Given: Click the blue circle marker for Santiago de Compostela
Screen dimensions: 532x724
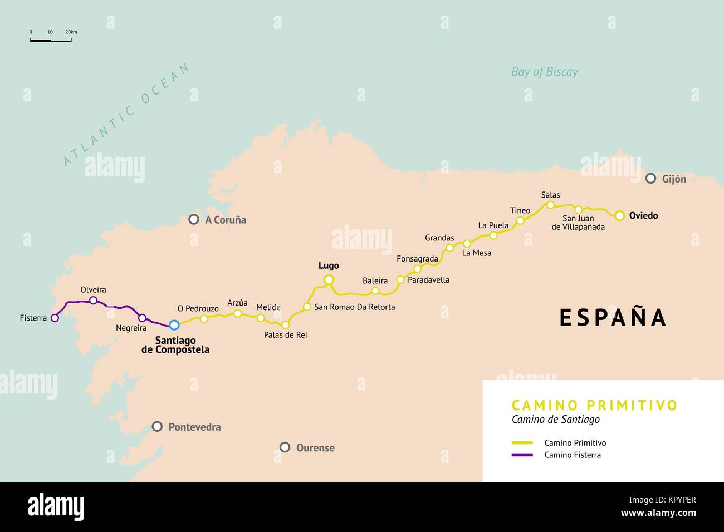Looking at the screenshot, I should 174,324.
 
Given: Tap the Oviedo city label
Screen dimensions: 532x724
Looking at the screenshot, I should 643,215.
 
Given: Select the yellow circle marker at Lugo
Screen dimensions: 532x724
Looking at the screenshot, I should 329,279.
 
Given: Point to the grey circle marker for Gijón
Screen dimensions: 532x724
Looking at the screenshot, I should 650,179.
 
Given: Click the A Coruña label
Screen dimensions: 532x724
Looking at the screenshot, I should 225,220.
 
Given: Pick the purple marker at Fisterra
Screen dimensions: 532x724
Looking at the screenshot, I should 55,318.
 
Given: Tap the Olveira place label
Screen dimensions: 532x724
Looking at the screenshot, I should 93,289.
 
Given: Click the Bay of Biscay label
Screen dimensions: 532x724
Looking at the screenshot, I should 544,72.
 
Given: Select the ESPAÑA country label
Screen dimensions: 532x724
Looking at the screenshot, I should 613,317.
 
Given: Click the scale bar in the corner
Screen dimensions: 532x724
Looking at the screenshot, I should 51,40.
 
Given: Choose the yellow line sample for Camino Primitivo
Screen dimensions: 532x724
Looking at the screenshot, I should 522,443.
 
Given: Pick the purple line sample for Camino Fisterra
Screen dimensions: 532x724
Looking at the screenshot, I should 522,455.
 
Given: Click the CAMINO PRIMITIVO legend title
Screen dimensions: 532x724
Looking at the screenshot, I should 594,405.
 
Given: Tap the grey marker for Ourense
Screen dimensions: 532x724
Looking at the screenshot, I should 285,447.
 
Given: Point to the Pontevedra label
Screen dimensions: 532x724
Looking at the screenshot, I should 194,427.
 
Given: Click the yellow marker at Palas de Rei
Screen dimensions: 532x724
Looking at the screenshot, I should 285,324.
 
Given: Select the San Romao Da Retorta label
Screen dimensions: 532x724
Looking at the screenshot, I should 354,307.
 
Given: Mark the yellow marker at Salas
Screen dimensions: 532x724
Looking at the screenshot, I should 550,205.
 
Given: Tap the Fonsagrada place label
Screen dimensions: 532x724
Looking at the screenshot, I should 417,259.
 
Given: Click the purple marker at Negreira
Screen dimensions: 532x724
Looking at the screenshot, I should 142,318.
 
